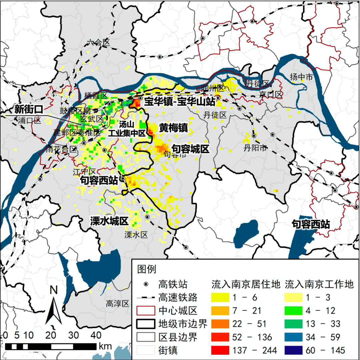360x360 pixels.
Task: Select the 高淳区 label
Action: click(117, 304)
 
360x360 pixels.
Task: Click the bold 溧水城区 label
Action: click(109, 221)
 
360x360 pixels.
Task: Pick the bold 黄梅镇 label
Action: click(173, 128)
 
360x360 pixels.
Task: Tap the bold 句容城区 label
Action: click(190, 149)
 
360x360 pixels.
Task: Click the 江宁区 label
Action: click(84, 172)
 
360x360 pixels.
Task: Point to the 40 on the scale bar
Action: click(96, 335)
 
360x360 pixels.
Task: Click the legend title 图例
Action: click(147, 269)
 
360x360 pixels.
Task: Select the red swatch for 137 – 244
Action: click(220, 350)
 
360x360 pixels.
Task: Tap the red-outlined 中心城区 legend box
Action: click(146, 311)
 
